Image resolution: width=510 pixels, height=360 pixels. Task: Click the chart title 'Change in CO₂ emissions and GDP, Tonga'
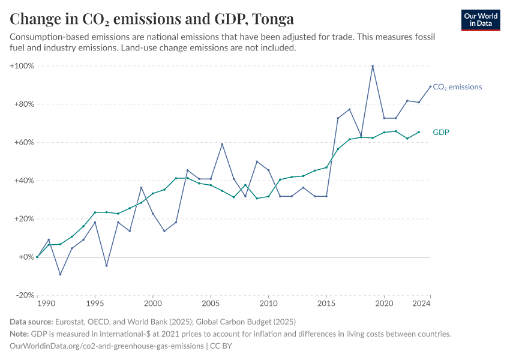click(x=151, y=19)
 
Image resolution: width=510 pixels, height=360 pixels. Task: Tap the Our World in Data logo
click(x=481, y=20)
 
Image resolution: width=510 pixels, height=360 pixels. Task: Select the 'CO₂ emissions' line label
click(x=457, y=87)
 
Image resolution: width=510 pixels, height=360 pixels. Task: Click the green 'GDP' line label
click(x=441, y=132)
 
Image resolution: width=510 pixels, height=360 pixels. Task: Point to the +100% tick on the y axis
click(x=22, y=65)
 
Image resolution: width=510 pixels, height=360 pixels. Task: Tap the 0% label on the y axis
click(x=26, y=257)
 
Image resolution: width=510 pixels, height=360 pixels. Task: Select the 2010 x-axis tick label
click(x=268, y=304)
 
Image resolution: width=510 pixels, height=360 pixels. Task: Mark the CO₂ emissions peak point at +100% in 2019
click(x=373, y=66)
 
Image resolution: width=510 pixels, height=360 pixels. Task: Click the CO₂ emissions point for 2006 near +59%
click(x=222, y=144)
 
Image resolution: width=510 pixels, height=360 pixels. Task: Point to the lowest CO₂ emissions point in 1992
click(x=60, y=274)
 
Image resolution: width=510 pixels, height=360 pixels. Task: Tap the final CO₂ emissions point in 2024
click(x=430, y=86)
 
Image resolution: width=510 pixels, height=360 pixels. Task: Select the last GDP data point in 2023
click(x=419, y=132)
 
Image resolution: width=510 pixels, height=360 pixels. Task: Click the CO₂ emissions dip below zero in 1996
click(x=106, y=266)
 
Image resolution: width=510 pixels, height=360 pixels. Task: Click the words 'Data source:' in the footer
click(x=32, y=322)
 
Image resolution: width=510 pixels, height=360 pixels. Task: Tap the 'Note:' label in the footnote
click(x=21, y=334)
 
